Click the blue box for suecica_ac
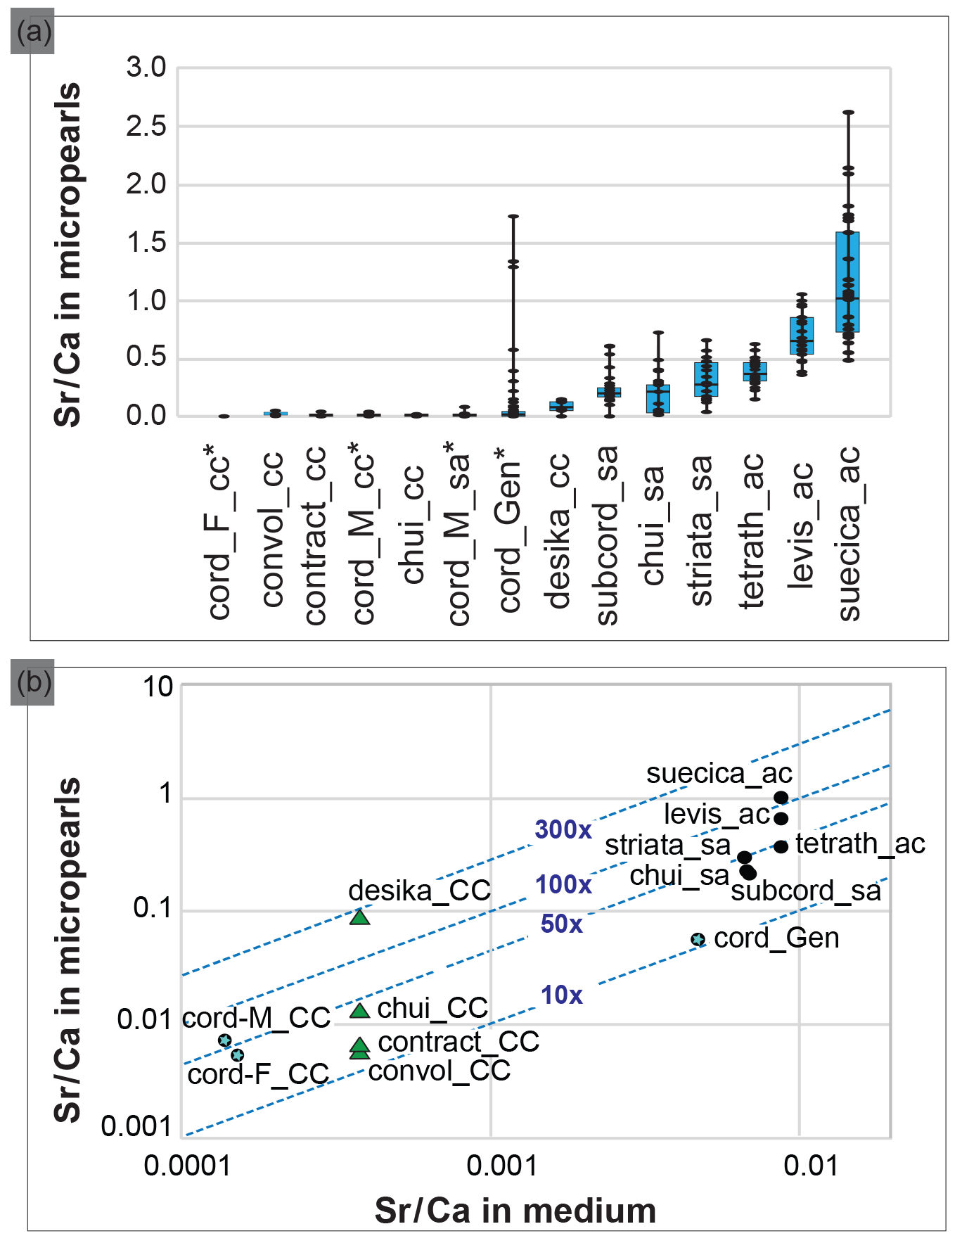point(847,281)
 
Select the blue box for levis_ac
point(802,336)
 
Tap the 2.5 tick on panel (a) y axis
point(146,127)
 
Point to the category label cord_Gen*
point(510,528)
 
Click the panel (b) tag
point(33,682)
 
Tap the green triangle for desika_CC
point(360,917)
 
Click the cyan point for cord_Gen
point(698,939)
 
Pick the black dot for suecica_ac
point(781,797)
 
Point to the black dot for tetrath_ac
point(781,846)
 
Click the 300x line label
point(563,829)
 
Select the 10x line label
point(562,995)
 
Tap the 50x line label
point(562,924)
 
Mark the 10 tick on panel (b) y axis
point(158,686)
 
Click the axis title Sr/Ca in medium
point(515,1211)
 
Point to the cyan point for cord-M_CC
point(225,1040)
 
